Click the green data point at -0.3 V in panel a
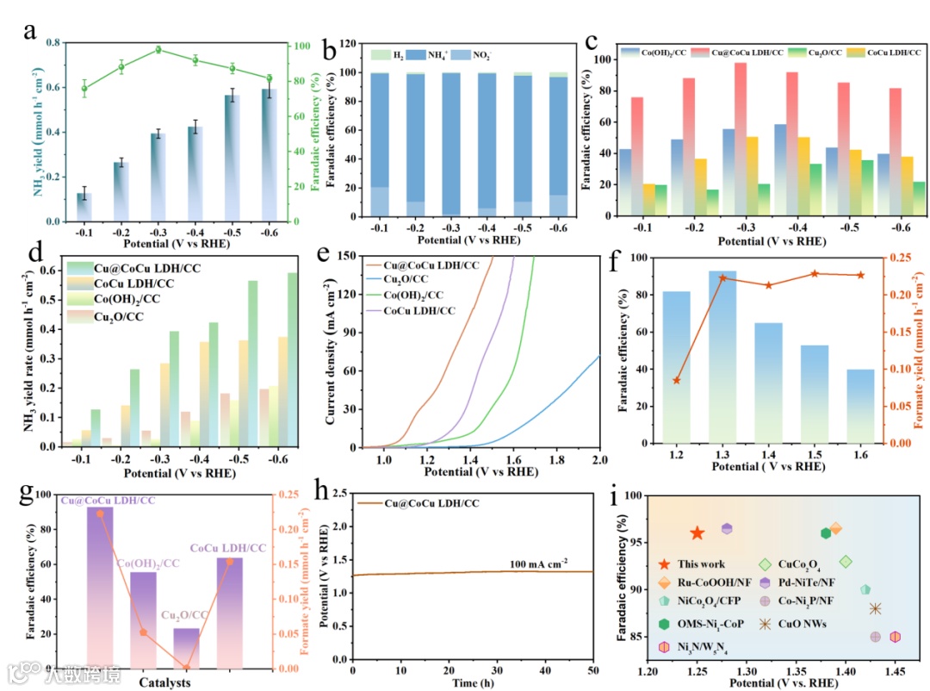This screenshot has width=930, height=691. tap(158, 49)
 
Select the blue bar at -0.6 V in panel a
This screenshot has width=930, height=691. tap(269, 155)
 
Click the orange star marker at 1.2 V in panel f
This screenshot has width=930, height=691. tap(677, 380)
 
